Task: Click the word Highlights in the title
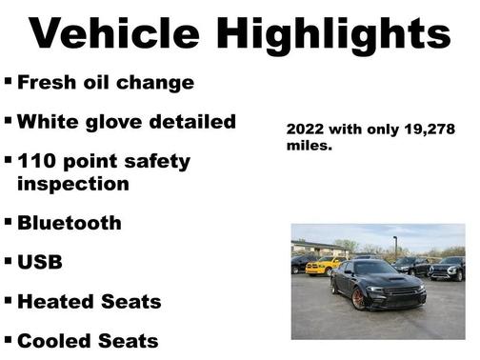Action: tap(332, 35)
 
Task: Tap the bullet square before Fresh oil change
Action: tap(9, 81)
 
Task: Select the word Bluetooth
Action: tap(70, 223)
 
